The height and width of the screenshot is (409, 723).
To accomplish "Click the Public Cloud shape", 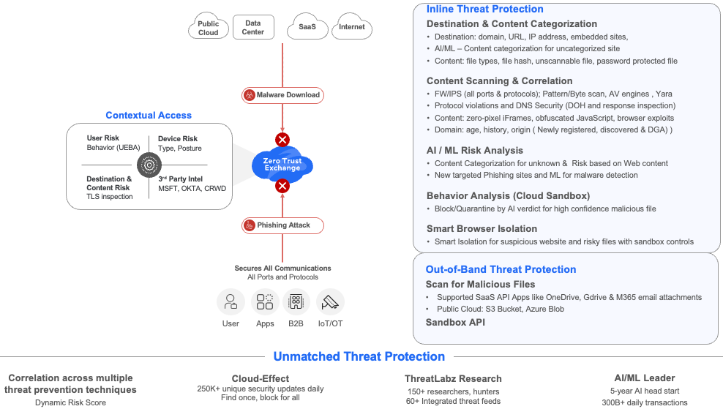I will [209, 28].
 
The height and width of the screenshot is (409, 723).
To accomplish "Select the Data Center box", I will [253, 28].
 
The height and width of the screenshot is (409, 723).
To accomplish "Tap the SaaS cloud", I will [307, 28].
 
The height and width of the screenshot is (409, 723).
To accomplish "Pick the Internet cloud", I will [352, 28].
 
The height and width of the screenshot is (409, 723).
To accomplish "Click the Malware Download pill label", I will [282, 94].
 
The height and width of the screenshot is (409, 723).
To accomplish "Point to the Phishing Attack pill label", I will [282, 225].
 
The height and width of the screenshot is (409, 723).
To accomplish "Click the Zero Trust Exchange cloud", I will [282, 163].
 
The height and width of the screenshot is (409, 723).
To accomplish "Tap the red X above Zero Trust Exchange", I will [282, 140].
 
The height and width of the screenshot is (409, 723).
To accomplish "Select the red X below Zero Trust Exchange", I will [282, 186].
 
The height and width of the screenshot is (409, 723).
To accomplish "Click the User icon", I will [231, 301].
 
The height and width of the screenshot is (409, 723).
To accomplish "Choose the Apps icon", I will [265, 301].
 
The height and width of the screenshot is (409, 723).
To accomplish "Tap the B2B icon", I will [296, 301].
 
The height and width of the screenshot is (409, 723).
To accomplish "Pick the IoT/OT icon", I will [330, 301].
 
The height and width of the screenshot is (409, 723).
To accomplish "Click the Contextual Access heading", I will [149, 115].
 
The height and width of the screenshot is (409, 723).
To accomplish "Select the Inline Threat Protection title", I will [484, 10].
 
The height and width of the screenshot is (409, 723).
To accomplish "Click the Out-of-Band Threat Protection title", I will [501, 269].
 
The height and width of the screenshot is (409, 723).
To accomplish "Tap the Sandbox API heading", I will [455, 322].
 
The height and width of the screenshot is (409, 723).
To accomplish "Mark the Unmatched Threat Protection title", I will [359, 356].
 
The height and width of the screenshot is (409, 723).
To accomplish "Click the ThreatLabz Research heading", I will [453, 378].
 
